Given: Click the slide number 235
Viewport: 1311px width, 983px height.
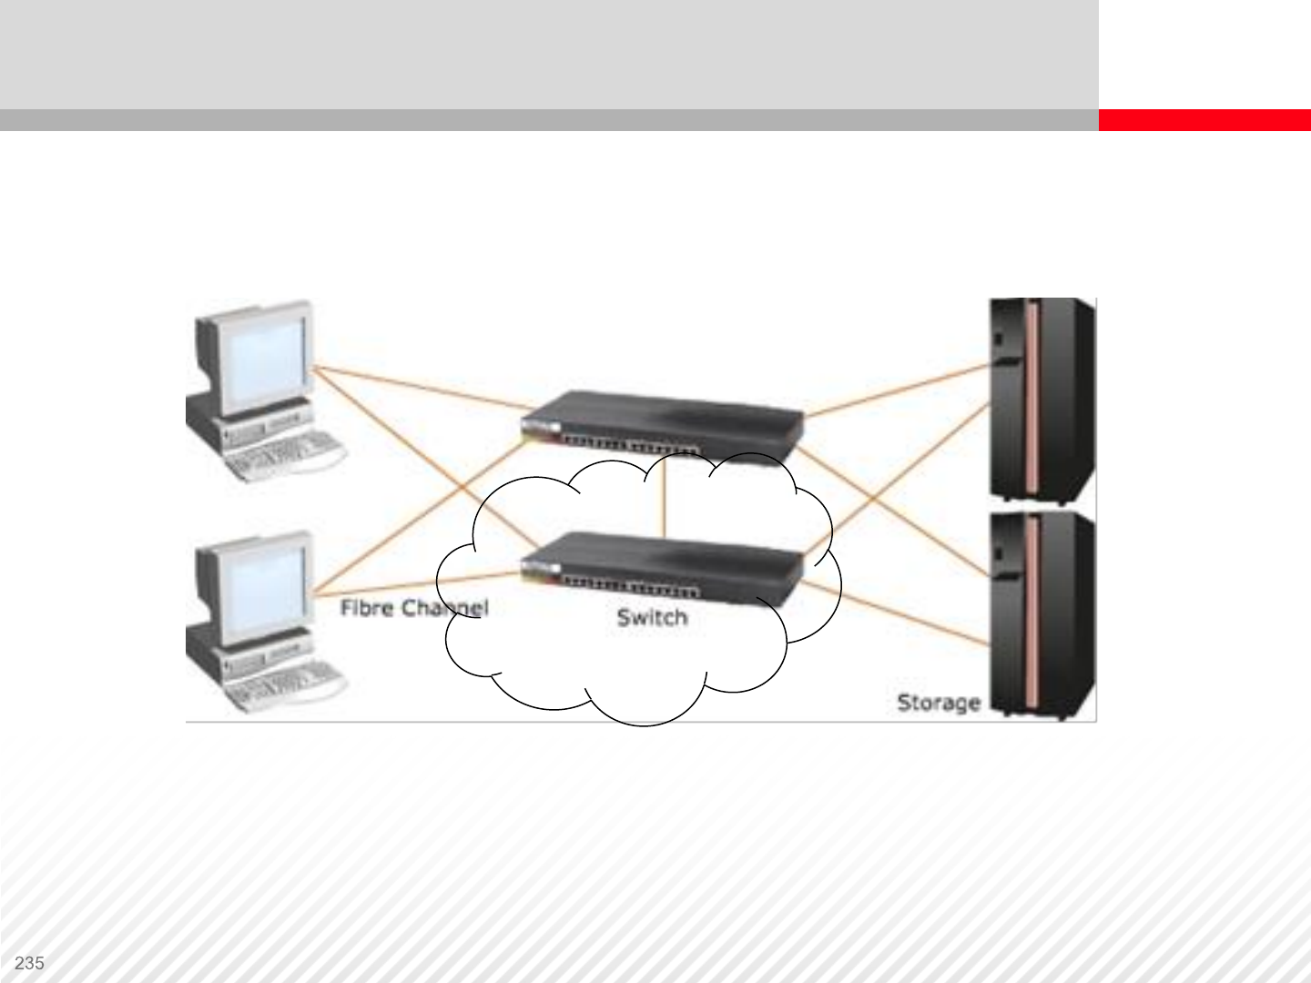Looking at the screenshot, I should (30, 963).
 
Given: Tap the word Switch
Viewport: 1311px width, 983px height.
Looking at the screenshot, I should (652, 617).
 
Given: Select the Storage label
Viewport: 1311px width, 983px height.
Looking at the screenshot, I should (939, 702).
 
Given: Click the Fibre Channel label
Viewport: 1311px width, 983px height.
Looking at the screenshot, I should (414, 607).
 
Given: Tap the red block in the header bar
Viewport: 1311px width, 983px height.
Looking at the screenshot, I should (1204, 120).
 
